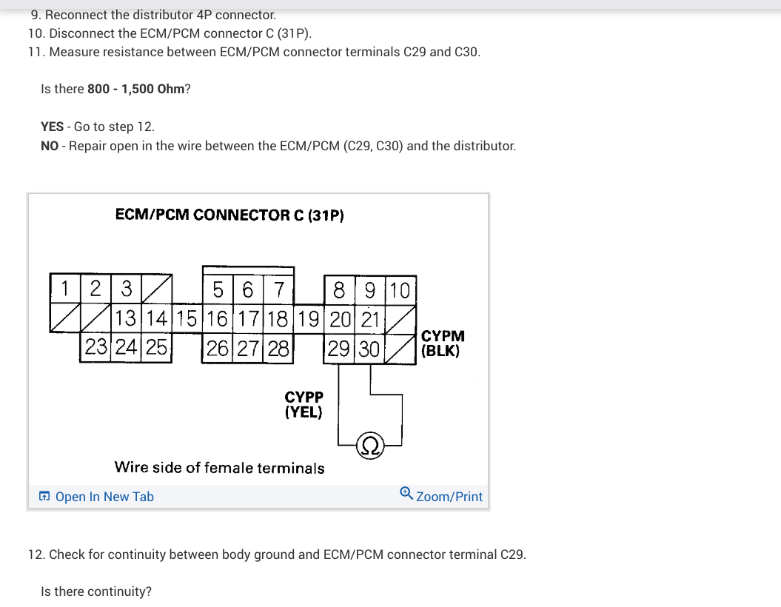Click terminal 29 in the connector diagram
coord(338,346)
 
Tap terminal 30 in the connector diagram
coord(369,346)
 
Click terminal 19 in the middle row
coord(311,319)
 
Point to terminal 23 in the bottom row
coord(95,346)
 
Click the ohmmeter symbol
coord(369,446)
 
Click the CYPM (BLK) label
coord(442,344)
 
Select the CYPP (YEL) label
coord(304,405)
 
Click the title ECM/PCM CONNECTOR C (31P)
coord(229,215)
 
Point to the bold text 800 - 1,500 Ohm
coord(135,89)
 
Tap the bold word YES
coord(52,127)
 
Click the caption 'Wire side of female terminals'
coord(219,468)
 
